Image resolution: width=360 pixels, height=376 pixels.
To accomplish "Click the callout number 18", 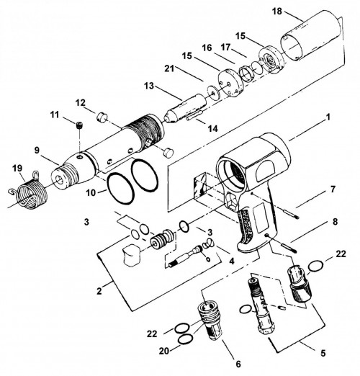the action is [x=277, y=11].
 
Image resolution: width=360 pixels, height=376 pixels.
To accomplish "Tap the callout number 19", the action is [x=17, y=169].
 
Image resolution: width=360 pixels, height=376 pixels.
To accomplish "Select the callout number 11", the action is [x=55, y=115].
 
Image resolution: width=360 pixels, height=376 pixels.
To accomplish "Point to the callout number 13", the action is [x=149, y=86].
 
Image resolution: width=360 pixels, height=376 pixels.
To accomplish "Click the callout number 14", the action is [x=212, y=128].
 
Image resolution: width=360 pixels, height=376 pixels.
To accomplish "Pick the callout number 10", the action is [x=91, y=192].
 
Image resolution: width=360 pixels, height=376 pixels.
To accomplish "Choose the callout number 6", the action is [x=238, y=364].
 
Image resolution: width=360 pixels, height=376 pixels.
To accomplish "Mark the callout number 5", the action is [x=323, y=353].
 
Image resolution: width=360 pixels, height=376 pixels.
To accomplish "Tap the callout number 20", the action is [x=164, y=351].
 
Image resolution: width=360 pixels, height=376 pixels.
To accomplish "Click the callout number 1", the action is [x=328, y=117].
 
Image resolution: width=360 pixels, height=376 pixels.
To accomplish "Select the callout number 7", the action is [x=333, y=189].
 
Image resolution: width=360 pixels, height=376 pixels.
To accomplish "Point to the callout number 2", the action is [x=99, y=291].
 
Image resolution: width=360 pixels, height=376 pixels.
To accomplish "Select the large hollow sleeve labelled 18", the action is [x=312, y=36].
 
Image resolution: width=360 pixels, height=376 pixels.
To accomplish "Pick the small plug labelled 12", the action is [x=102, y=117].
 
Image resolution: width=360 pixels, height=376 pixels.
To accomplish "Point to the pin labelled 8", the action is [x=289, y=248].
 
